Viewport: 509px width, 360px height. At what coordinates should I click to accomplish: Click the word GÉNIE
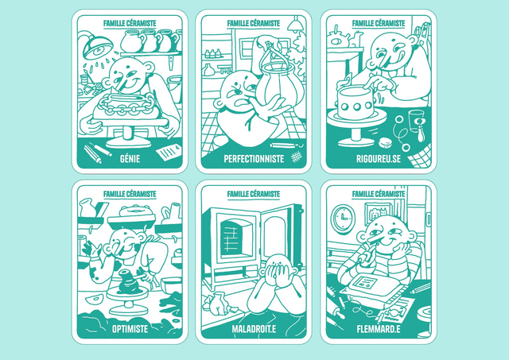pyautogui.click(x=130, y=159)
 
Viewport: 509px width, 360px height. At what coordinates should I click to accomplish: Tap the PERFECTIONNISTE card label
pyautogui.click(x=254, y=159)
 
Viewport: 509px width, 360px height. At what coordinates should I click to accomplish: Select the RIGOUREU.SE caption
pyautogui.click(x=379, y=159)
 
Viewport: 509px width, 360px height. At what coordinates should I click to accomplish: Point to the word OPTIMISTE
pyautogui.click(x=130, y=329)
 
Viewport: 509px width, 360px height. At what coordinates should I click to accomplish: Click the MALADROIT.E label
pyautogui.click(x=254, y=329)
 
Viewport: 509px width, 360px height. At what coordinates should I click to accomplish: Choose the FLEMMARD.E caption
pyautogui.click(x=379, y=329)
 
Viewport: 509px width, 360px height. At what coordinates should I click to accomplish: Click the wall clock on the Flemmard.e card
pyautogui.click(x=343, y=219)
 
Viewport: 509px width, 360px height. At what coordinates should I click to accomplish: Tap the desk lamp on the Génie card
pyautogui.click(x=97, y=46)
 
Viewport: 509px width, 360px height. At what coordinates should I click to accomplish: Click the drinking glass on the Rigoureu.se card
pyautogui.click(x=417, y=121)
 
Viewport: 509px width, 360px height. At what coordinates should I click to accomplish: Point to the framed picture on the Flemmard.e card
pyautogui.click(x=379, y=211)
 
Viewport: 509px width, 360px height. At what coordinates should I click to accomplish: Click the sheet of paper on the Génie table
pyautogui.click(x=169, y=151)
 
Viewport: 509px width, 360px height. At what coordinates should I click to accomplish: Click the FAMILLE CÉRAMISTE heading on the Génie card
pyautogui.click(x=130, y=23)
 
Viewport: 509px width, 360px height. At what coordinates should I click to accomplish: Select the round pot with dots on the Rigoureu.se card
pyautogui.click(x=356, y=103)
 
